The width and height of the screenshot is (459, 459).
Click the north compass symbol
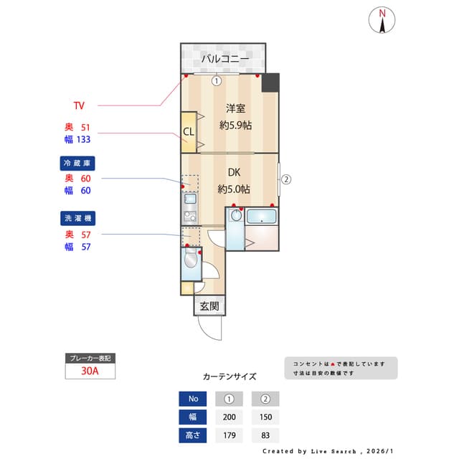point(383,20)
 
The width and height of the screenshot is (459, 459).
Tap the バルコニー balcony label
point(224,58)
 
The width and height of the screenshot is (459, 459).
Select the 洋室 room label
point(236,109)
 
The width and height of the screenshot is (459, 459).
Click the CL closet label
point(188,131)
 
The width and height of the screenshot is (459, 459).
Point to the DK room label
point(234,173)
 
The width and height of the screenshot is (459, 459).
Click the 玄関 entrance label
point(209,306)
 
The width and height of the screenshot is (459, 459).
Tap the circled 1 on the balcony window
point(216,80)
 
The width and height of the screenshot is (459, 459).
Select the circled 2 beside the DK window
point(285,179)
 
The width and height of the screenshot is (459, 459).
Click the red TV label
point(79,105)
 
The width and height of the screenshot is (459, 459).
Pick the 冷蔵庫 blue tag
point(78,162)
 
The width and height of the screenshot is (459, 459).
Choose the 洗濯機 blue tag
point(78,217)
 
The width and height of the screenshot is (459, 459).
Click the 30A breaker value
point(90,372)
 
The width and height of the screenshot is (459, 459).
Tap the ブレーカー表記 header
point(90,357)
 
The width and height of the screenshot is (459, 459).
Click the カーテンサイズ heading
point(229,376)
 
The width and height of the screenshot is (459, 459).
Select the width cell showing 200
point(229,417)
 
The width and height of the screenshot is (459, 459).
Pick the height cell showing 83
point(265,435)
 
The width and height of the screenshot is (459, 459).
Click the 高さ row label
point(192,435)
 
